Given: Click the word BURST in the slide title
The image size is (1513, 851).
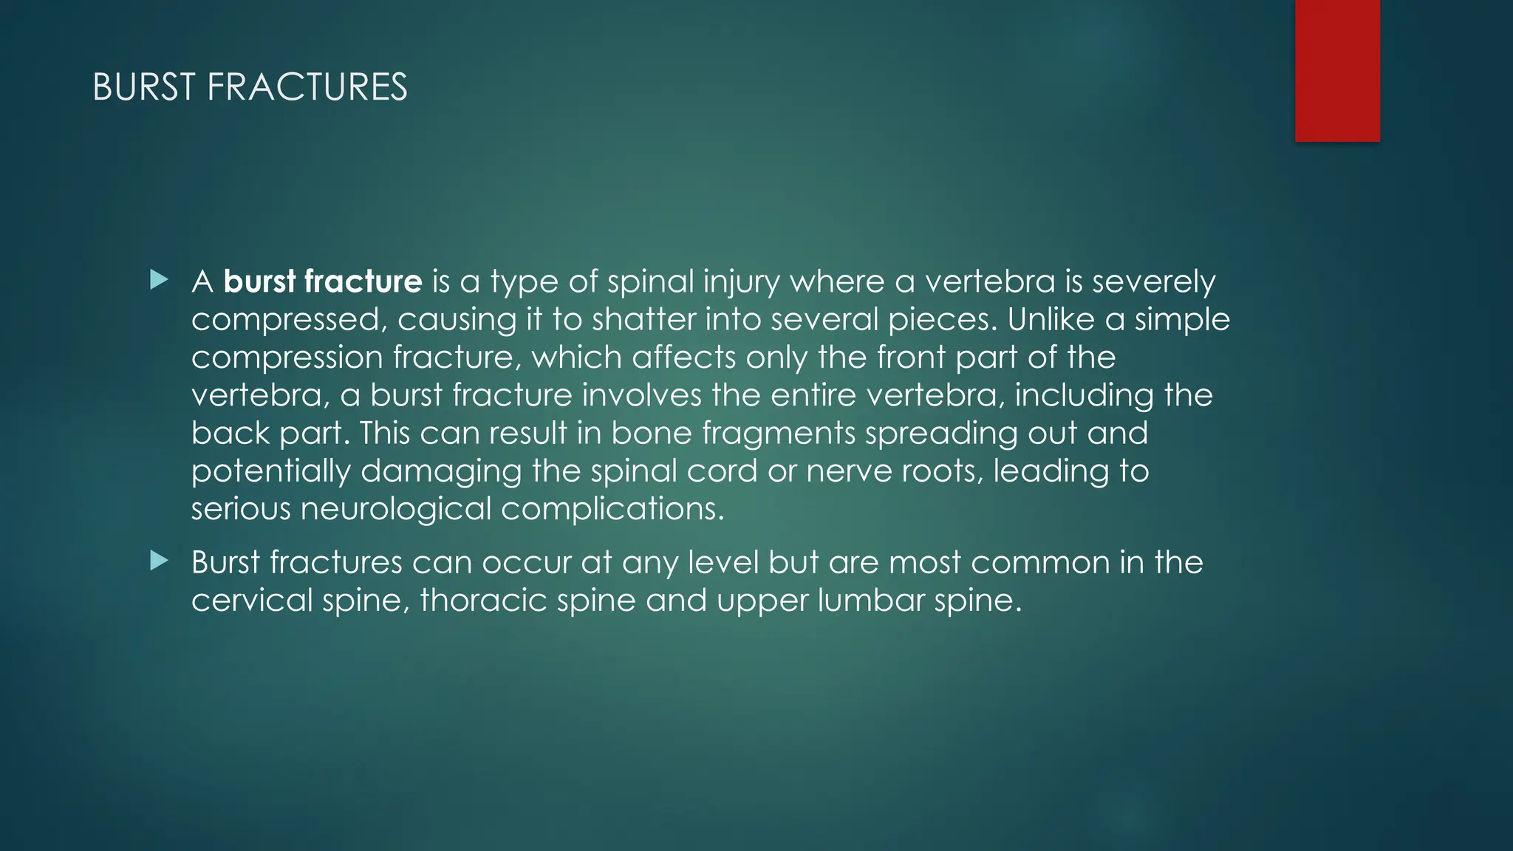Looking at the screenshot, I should (x=144, y=87).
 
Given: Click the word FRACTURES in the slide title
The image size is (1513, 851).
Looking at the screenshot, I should (x=307, y=87).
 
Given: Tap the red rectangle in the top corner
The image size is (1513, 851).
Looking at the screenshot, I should (x=1337, y=70).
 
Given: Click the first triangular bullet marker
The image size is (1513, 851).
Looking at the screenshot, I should (x=159, y=280).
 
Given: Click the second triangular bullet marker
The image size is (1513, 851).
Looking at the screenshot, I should (x=159, y=561).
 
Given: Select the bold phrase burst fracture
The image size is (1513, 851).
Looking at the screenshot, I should (x=323, y=281).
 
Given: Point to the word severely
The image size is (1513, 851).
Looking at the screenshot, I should (x=1153, y=282).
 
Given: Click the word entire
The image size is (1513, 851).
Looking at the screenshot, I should (x=813, y=395).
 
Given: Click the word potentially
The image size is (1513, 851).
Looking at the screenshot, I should (x=270, y=471).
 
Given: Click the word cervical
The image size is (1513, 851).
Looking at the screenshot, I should (x=252, y=600).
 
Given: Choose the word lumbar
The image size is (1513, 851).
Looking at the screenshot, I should (x=871, y=600).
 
